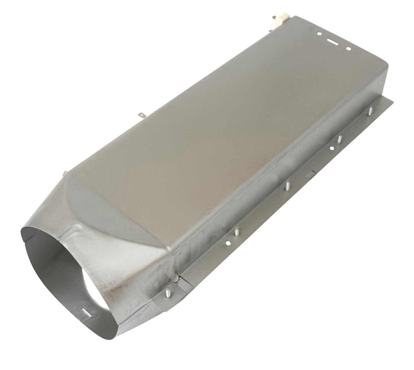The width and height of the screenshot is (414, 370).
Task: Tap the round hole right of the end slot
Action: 348,49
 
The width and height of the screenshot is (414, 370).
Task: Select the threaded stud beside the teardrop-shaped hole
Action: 339,139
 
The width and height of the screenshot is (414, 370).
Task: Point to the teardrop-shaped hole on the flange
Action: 332,148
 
